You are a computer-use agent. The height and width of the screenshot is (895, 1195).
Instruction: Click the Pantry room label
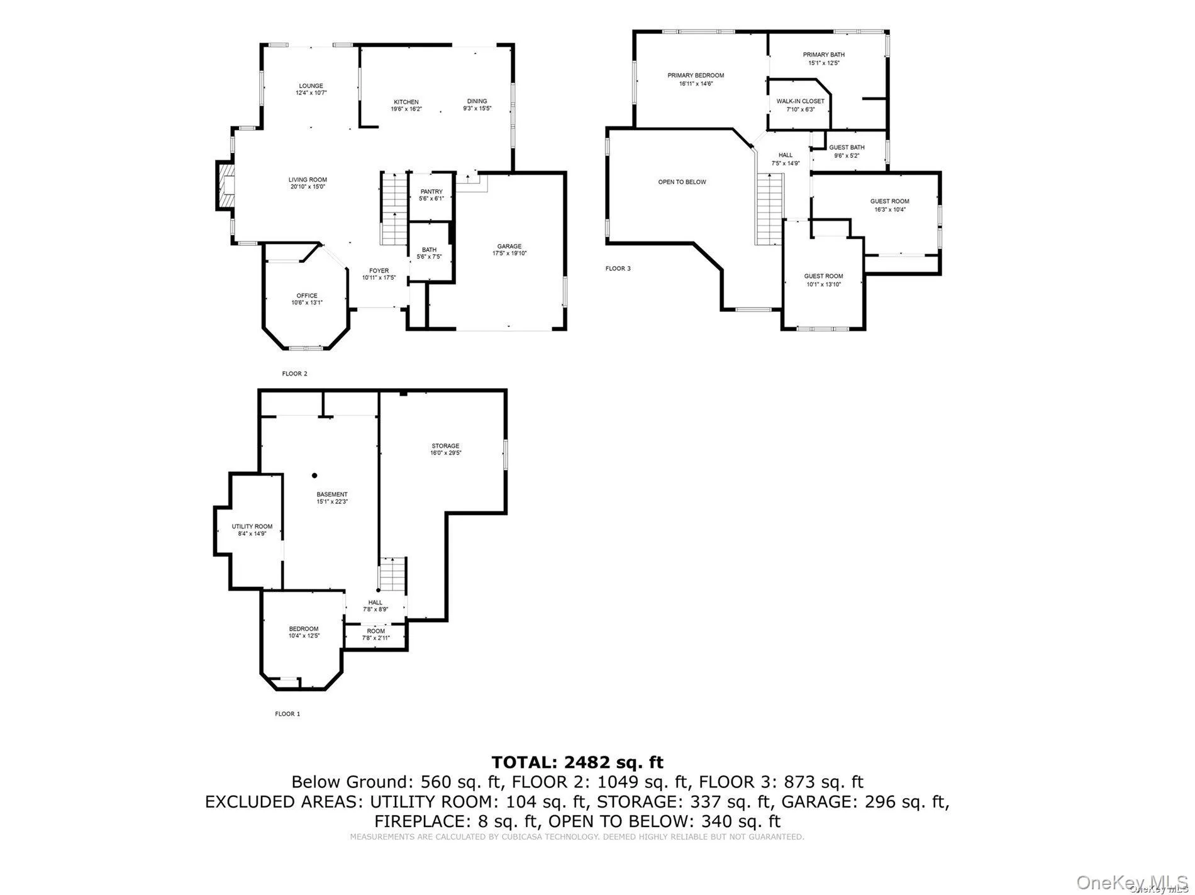click(431, 192)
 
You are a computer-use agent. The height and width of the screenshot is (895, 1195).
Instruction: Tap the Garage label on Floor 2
click(509, 247)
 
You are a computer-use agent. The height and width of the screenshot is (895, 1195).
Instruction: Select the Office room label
click(307, 296)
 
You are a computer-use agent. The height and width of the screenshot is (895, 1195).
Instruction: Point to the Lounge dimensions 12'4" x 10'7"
click(311, 93)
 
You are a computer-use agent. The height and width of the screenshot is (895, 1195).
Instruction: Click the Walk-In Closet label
click(800, 101)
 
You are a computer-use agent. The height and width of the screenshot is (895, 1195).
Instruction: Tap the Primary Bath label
click(823, 55)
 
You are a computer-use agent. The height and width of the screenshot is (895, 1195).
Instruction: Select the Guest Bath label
click(847, 148)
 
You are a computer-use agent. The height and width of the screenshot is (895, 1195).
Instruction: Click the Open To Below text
click(682, 182)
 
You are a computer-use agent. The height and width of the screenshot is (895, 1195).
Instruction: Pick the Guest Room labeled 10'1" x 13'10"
click(823, 277)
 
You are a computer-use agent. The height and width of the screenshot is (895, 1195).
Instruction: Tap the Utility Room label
click(252, 526)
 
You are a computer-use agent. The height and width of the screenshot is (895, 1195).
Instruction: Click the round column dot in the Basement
click(314, 475)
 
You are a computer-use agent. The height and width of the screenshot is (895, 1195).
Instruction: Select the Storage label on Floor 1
click(445, 447)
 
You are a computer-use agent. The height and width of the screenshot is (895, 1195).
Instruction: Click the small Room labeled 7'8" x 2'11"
click(375, 631)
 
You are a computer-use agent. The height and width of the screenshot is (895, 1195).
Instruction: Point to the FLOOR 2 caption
click(294, 374)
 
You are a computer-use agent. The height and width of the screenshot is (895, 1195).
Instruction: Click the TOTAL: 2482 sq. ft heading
click(577, 762)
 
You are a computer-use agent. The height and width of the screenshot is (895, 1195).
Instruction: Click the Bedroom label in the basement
click(304, 629)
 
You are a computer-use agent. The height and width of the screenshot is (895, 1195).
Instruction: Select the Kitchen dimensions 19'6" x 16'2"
click(406, 109)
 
